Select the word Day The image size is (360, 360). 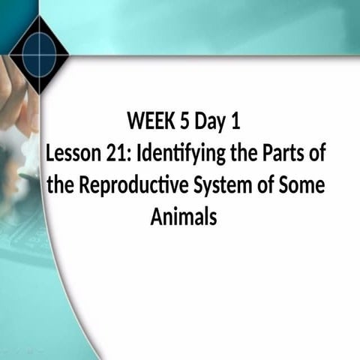click(208, 121)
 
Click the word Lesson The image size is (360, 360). click(70, 153)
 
